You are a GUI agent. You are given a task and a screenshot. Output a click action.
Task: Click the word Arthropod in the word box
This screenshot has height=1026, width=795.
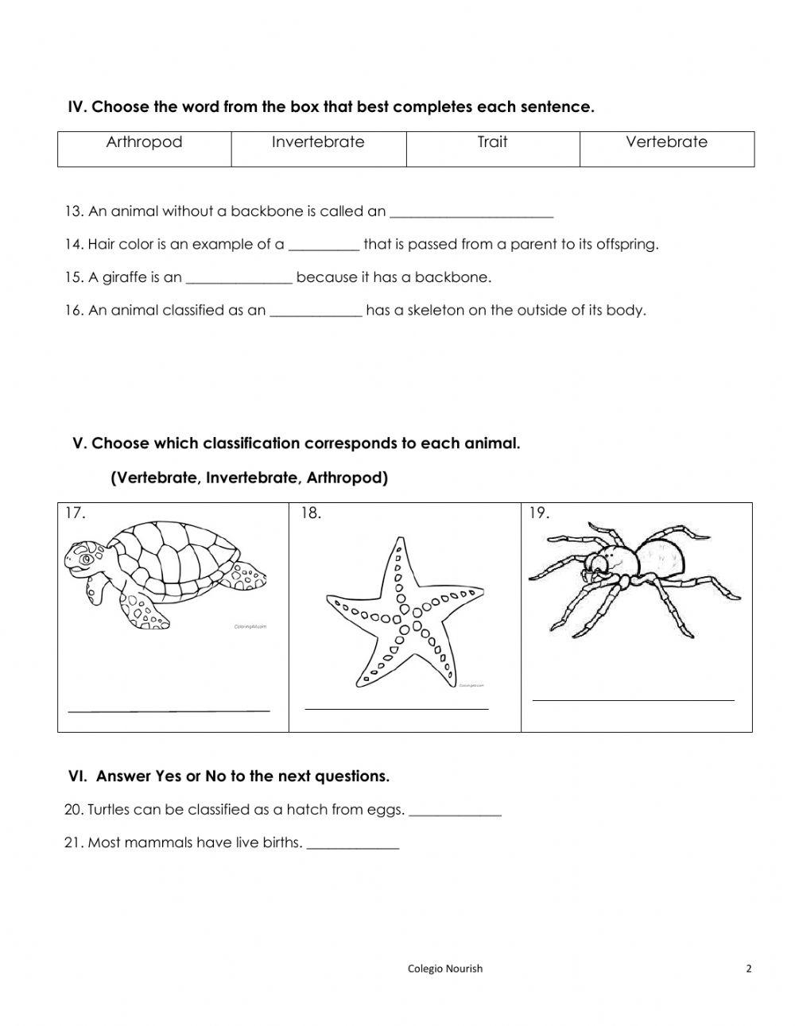click(144, 142)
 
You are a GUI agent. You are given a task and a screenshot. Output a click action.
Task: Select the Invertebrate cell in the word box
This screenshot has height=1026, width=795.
click(318, 142)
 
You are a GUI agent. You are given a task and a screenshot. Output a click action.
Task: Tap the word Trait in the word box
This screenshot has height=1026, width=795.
click(492, 142)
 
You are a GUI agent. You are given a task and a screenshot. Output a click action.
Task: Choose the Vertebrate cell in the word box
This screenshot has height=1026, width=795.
click(666, 142)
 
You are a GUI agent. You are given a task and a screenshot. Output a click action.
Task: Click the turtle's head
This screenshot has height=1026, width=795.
click(84, 559)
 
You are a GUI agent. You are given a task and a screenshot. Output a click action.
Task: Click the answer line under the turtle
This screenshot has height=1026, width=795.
click(169, 708)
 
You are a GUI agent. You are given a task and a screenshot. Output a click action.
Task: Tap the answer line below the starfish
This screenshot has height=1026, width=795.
click(396, 707)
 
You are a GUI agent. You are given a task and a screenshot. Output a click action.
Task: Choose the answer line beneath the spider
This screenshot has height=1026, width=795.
click(633, 699)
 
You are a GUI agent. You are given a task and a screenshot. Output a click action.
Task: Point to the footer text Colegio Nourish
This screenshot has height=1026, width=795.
click(444, 968)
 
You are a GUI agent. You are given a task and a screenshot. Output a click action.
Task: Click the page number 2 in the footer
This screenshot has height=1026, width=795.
click(748, 968)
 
